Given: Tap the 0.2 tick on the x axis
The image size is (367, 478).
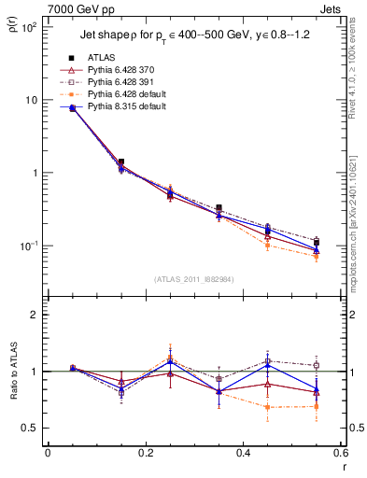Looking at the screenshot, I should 145,454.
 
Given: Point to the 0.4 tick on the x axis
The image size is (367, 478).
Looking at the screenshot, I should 243,454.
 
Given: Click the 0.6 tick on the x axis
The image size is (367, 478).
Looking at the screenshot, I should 339,454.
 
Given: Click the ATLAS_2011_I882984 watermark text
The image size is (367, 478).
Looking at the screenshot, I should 194,279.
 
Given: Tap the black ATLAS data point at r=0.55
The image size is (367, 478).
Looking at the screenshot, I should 317,243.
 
